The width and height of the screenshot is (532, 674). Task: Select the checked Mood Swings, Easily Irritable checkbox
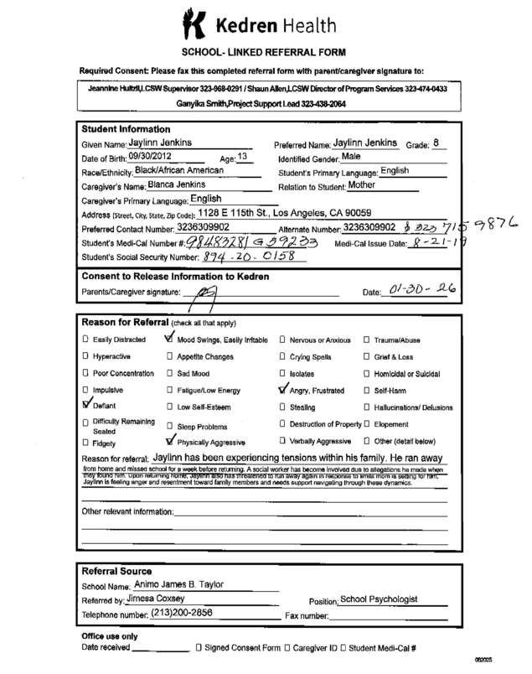(171, 340)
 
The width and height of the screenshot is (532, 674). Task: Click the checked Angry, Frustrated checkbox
(281, 388)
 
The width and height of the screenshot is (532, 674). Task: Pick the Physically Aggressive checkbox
(171, 439)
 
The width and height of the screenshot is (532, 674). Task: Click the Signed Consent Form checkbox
(198, 648)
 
